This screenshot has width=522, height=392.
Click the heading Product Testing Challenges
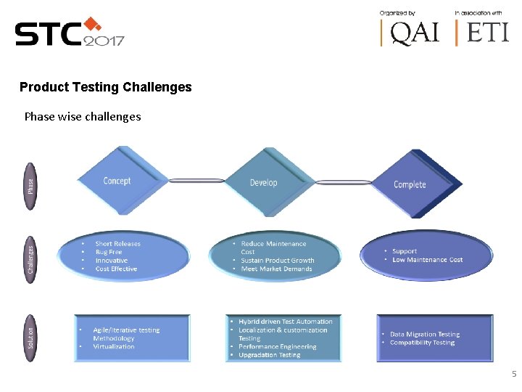[106, 87]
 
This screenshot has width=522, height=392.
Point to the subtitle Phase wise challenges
[83, 116]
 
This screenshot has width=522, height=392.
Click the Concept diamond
[117, 181]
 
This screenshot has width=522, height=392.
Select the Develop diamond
[263, 182]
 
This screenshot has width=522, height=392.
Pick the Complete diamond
[410, 184]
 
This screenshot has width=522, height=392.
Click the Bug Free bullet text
[109, 252]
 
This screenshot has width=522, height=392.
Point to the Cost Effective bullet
[116, 269]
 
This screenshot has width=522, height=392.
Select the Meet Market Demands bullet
[276, 269]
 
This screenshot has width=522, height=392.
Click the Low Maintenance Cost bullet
[427, 260]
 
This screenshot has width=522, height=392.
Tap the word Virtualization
[114, 346]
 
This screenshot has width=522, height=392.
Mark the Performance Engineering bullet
[278, 346]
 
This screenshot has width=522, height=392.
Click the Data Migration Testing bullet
[425, 334]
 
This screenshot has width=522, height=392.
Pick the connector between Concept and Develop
[196, 181]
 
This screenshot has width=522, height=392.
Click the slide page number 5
[514, 374]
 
